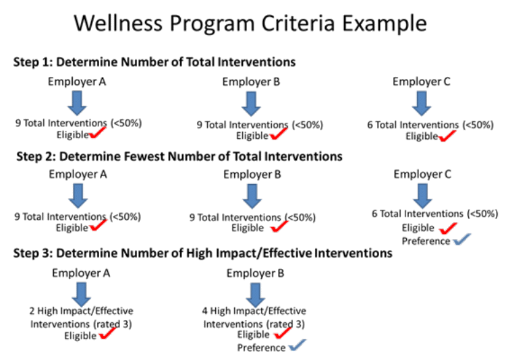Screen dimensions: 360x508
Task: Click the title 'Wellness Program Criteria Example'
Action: (250, 24)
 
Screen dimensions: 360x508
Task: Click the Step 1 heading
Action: (154, 62)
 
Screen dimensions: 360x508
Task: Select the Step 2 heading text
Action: (179, 156)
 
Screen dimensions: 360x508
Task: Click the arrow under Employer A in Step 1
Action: (77, 102)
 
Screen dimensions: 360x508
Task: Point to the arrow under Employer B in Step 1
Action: (251, 102)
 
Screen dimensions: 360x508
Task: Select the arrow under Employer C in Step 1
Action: (422, 102)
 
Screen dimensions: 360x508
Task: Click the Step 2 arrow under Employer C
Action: (423, 195)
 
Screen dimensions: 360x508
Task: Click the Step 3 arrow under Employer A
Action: (82, 293)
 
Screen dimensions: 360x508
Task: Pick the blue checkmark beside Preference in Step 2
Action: (461, 240)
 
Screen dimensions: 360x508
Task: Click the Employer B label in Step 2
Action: (252, 175)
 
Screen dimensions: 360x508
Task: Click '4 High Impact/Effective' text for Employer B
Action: (254, 311)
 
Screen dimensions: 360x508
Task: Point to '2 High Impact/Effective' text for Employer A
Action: (81, 311)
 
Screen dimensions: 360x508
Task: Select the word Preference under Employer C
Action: (426, 241)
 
